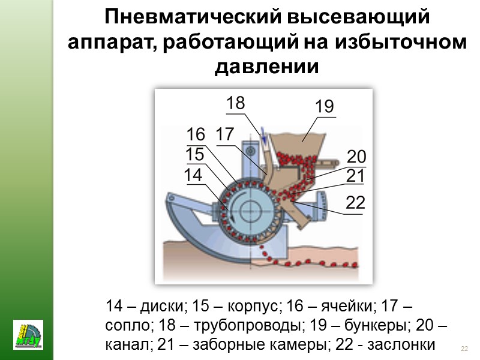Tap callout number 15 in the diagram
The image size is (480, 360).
195,154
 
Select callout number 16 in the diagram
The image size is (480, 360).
196,134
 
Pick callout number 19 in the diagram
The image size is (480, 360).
324,107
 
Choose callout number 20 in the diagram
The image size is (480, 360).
356,157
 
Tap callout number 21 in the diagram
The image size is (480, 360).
355,176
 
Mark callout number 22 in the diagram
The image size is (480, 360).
355,203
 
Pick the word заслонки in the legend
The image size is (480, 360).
406,346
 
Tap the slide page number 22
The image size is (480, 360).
464,349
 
